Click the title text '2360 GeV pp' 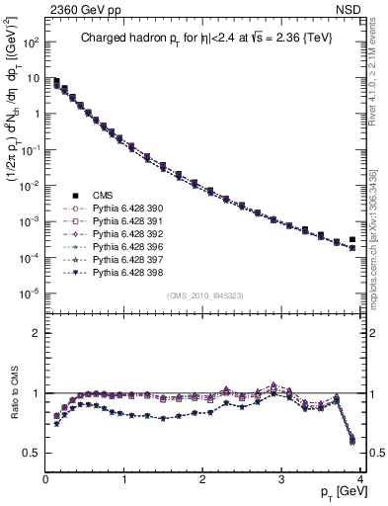(x=80, y=10)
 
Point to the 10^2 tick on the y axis (x=29, y=43)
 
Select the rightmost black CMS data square (x=352, y=240)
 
